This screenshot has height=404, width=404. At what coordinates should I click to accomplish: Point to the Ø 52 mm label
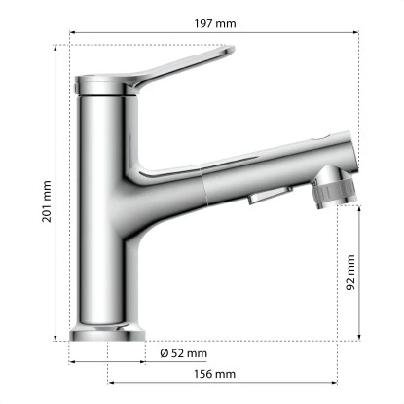184,352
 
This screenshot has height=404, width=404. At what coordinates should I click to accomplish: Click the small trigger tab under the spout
264,199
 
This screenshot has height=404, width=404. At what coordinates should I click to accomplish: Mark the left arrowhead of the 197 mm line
72,31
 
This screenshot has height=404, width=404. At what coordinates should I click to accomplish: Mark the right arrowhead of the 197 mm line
359,31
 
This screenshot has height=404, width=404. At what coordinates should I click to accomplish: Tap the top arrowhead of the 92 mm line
361,209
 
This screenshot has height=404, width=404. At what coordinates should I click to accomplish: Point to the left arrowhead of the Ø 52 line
72,360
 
